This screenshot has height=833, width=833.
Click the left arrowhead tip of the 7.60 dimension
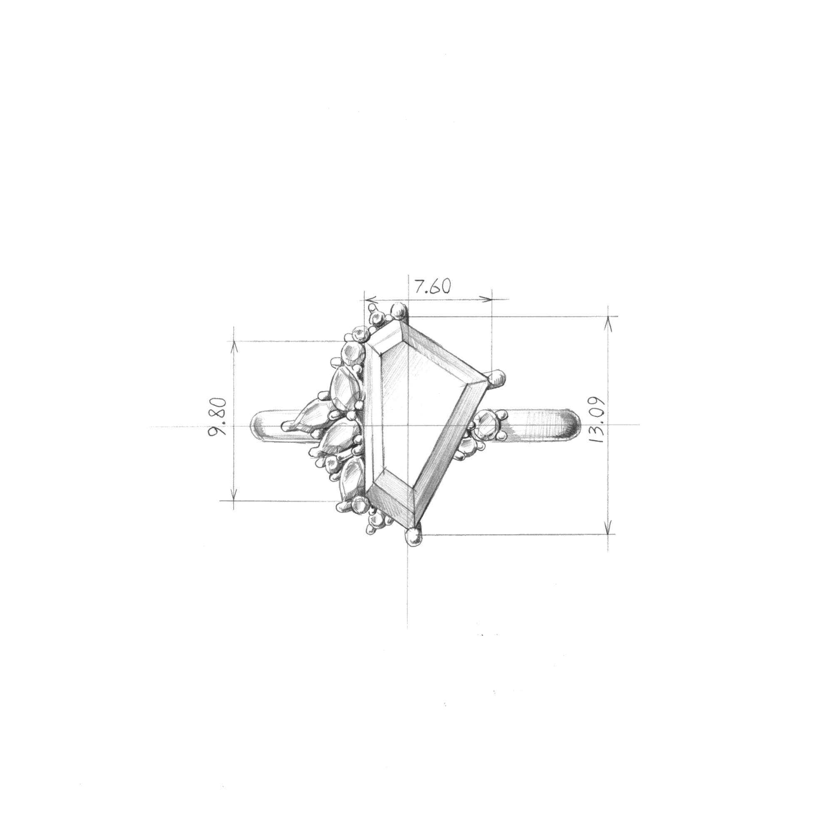point(365,299)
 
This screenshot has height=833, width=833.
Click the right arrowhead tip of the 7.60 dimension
point(492,299)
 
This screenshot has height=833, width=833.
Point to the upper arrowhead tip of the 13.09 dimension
point(609,317)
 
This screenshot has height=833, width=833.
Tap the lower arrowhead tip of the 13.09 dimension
point(609,534)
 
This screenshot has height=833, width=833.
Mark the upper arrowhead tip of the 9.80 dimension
point(234,341)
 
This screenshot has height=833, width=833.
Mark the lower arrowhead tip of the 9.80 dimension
point(234,501)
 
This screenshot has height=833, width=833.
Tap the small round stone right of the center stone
point(486,426)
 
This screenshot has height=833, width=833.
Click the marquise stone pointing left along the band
point(308,416)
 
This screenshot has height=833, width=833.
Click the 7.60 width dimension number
point(433,286)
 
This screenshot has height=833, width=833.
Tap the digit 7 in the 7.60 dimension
point(419,286)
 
